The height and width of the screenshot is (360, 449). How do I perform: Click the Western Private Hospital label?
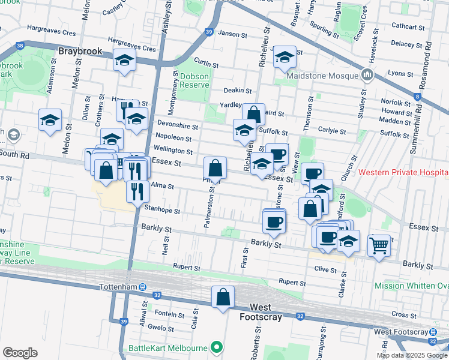(403, 172)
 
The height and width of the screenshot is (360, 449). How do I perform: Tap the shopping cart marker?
(379, 244)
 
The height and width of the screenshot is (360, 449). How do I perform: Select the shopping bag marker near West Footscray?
(223, 296)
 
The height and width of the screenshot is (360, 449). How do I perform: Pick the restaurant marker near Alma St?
(138, 191)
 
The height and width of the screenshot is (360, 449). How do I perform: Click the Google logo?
(20, 352)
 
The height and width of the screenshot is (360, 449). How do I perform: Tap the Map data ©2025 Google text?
(412, 355)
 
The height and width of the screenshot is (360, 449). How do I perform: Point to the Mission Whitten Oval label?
(411, 286)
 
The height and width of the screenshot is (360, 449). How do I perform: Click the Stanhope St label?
(162, 211)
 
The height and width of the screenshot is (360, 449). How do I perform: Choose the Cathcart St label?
(408, 26)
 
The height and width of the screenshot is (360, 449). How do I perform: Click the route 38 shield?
(21, 45)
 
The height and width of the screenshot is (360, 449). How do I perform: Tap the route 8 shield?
(417, 96)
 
